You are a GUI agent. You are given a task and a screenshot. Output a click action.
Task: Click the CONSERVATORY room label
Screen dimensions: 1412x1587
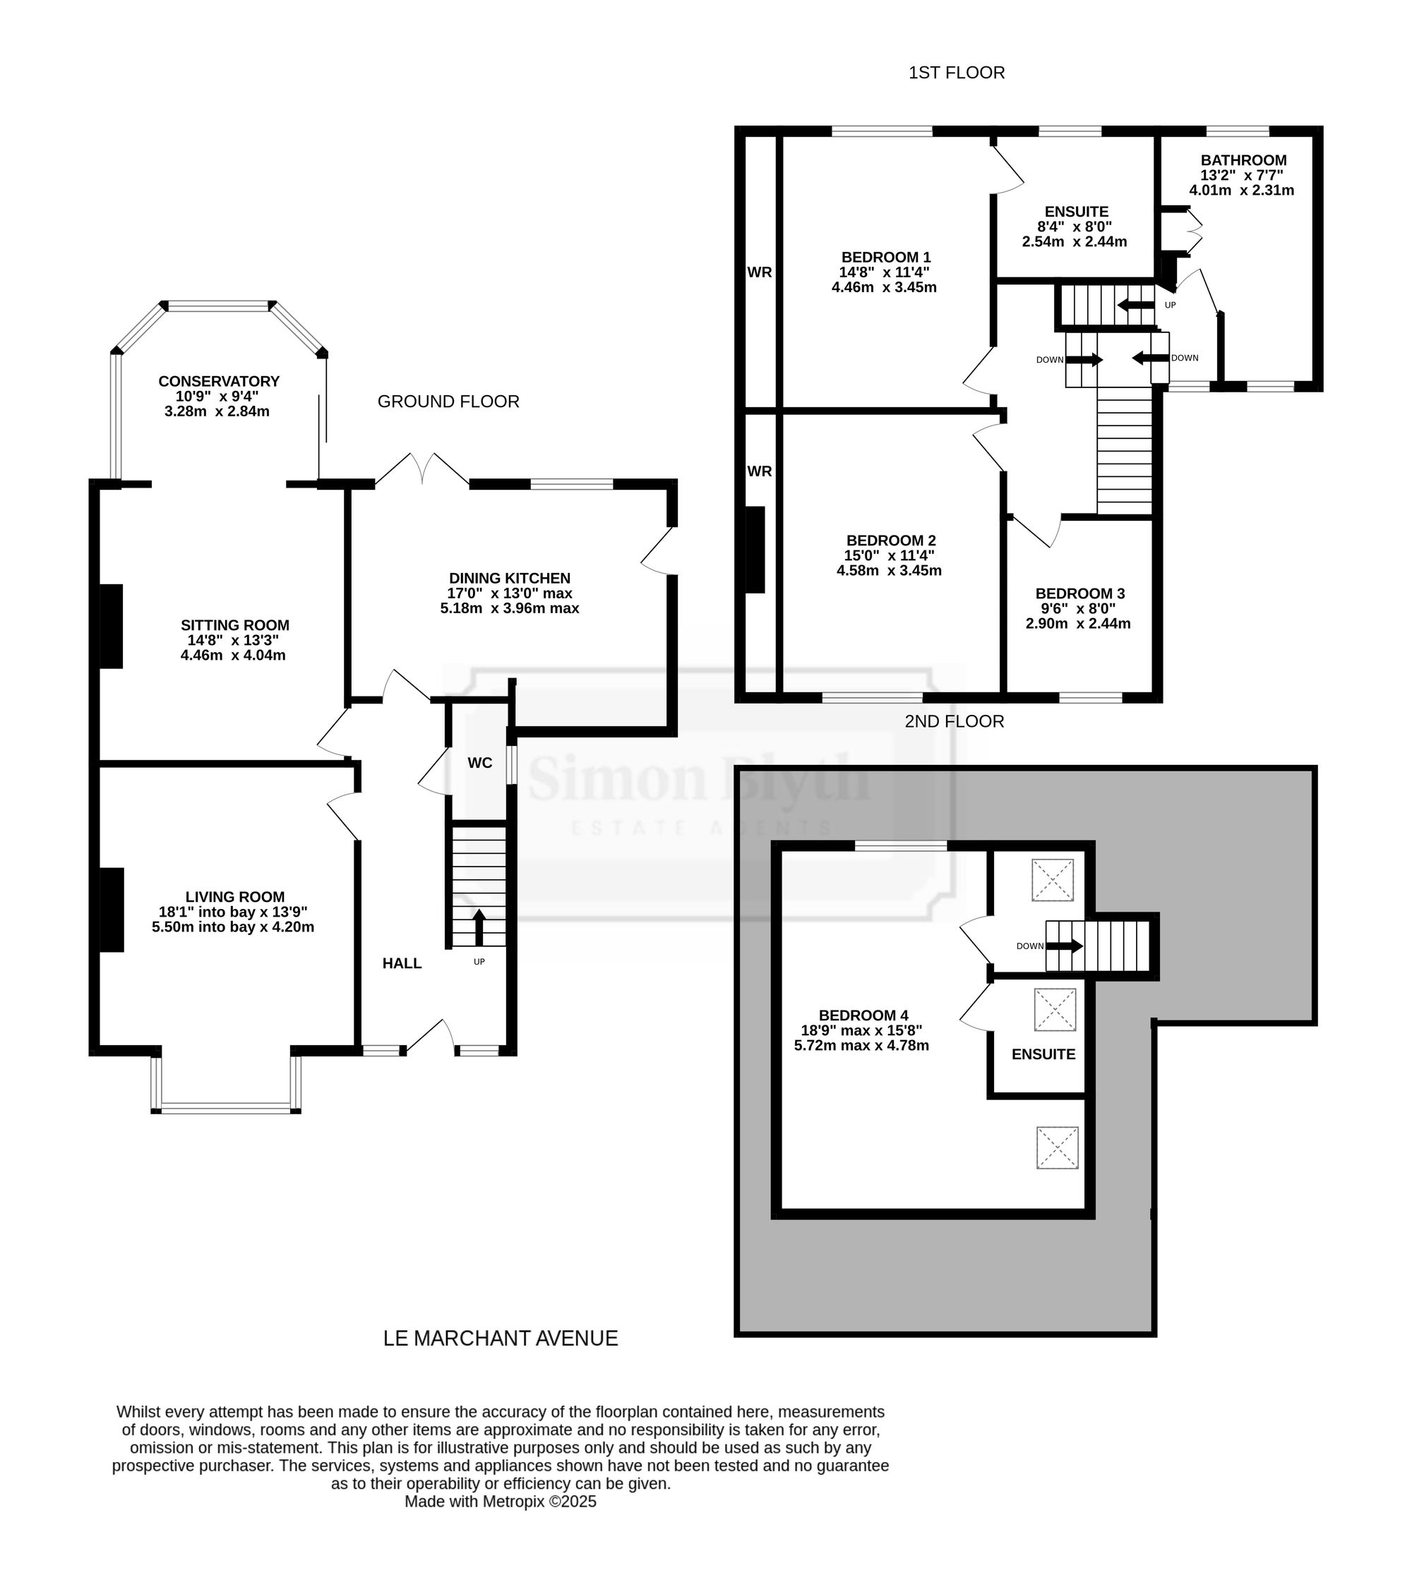coord(219,381)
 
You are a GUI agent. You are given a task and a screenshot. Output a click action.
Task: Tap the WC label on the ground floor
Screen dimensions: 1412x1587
coord(480,764)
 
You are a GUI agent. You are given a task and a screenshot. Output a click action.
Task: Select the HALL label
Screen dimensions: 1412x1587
coord(402,963)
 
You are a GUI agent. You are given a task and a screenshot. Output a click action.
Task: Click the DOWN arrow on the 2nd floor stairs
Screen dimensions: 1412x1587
coord(1065,946)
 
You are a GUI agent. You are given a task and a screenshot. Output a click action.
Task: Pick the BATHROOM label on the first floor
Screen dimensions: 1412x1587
coord(1243,161)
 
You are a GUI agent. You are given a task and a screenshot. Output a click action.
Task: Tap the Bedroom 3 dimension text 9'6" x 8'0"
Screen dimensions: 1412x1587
coord(1078,609)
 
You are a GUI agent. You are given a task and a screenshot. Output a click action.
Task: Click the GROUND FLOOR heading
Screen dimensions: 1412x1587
coord(448,402)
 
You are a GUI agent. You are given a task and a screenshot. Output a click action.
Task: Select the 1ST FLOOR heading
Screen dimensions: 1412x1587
coord(957,72)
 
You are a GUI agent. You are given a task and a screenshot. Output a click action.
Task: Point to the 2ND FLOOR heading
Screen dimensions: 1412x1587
coord(955,721)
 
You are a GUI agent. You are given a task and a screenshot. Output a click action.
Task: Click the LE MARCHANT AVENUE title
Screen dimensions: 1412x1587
coord(501,1338)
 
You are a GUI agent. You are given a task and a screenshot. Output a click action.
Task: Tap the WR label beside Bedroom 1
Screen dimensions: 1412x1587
coord(759,272)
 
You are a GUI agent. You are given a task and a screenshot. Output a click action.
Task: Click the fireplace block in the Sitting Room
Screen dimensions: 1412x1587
coord(111,626)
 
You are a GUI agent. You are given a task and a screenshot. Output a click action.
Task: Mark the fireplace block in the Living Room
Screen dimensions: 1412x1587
coord(111,910)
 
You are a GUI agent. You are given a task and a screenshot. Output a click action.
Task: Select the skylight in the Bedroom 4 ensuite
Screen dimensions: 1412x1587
coord(1055,1009)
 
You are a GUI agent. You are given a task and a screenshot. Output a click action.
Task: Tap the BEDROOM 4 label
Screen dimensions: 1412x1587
coord(863,1015)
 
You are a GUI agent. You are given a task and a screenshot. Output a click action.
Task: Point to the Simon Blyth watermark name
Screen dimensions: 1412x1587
coord(700,779)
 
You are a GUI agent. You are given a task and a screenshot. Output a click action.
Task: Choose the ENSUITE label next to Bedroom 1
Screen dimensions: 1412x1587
coord(1076,211)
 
